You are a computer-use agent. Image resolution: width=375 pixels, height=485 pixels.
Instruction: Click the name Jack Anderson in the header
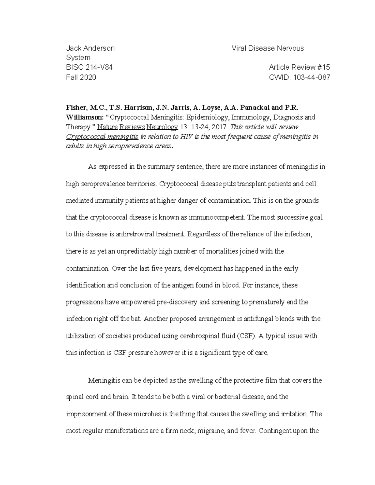[90, 48]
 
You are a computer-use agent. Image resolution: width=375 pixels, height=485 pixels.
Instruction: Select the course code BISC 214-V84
[89, 67]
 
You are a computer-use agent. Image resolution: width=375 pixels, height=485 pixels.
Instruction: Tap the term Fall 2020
[81, 77]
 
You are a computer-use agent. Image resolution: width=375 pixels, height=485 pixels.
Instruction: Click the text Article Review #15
[299, 67]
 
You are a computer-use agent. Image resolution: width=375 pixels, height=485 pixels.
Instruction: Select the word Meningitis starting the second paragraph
[102, 381]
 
